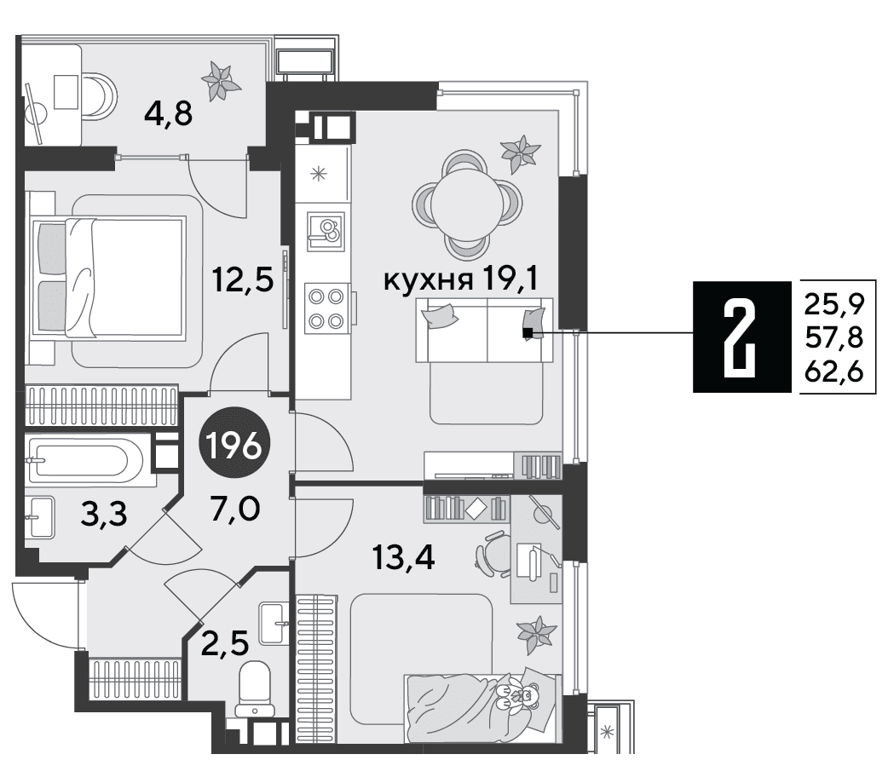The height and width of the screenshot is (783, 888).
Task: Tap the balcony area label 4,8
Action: (169, 116)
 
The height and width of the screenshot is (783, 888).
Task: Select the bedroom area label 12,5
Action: (243, 279)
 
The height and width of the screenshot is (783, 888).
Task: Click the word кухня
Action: (428, 280)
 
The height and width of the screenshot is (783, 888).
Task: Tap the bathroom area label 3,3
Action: (104, 514)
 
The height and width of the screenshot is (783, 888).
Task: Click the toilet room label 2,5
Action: (225, 643)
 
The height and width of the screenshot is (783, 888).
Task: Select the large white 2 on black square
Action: (741, 337)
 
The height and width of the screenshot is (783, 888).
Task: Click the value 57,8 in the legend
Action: (834, 338)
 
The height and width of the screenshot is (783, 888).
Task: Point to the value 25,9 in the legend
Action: (834, 306)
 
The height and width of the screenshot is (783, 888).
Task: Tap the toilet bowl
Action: (254, 689)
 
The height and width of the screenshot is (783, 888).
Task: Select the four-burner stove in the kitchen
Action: (326, 308)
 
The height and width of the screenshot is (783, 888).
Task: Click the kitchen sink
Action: (326, 232)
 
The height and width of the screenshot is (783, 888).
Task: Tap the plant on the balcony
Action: (221, 81)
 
